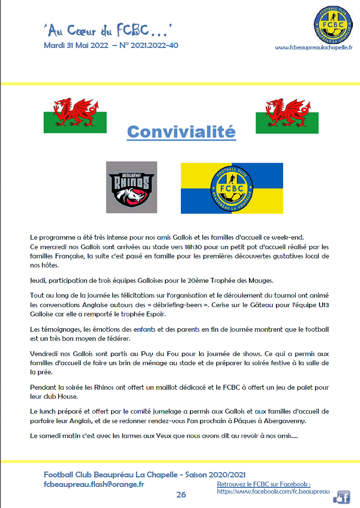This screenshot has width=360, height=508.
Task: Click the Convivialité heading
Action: tap(181, 132)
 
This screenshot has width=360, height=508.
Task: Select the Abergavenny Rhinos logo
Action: tap(131, 187)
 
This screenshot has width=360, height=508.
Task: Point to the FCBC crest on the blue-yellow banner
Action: tap(232, 188)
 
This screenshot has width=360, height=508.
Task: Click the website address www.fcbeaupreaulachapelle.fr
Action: tap(314, 47)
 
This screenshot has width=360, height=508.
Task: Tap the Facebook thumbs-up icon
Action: tap(342, 497)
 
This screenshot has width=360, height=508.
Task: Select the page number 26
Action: tap(181, 495)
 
